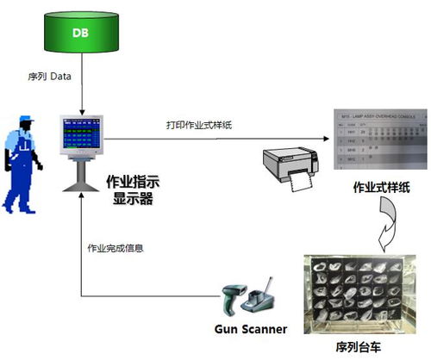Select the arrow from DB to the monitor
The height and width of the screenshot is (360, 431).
click(x=80, y=90)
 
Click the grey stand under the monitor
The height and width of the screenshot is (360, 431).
click(x=80, y=176)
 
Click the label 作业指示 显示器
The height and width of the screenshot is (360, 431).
click(x=130, y=190)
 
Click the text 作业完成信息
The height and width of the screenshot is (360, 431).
click(x=116, y=249)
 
